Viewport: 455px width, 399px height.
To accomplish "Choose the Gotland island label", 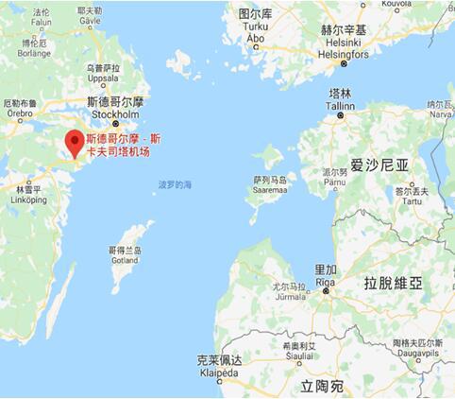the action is (126, 256).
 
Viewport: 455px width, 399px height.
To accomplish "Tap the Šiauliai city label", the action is (296, 358).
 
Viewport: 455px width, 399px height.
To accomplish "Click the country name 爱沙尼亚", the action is (380, 165).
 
